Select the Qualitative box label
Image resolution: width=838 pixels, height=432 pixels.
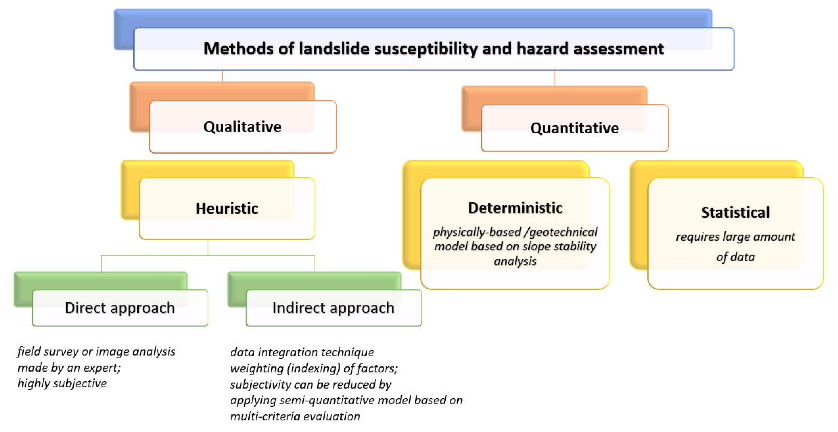tap(242, 127)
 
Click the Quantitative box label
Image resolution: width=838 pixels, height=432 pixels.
tap(575, 128)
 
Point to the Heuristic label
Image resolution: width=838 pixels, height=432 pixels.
tap(227, 208)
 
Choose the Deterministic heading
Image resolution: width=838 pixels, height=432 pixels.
tap(515, 208)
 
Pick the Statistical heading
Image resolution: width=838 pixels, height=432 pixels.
tap(736, 212)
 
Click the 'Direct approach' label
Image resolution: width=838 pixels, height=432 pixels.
tap(120, 308)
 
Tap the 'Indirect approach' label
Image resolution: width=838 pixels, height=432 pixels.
tap(333, 308)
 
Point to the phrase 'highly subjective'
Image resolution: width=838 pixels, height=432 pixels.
tap(62, 383)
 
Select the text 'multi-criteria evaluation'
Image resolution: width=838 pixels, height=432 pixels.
tap(295, 416)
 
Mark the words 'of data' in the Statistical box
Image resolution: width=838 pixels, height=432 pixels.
tap(736, 257)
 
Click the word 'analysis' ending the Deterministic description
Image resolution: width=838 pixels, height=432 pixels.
tap(515, 261)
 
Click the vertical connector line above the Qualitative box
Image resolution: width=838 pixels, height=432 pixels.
tap(222, 76)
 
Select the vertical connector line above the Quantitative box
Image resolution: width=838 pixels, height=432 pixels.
tap(555, 78)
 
